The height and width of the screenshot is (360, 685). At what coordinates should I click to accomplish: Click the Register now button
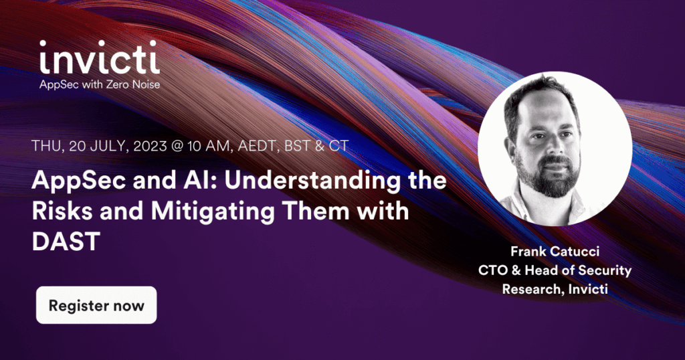pos(96,306)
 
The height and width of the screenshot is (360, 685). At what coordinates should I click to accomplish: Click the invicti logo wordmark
pos(99,59)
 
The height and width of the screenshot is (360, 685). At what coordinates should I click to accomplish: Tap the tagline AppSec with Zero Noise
pos(99,85)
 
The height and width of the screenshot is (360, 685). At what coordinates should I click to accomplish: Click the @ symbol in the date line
pos(189,146)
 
